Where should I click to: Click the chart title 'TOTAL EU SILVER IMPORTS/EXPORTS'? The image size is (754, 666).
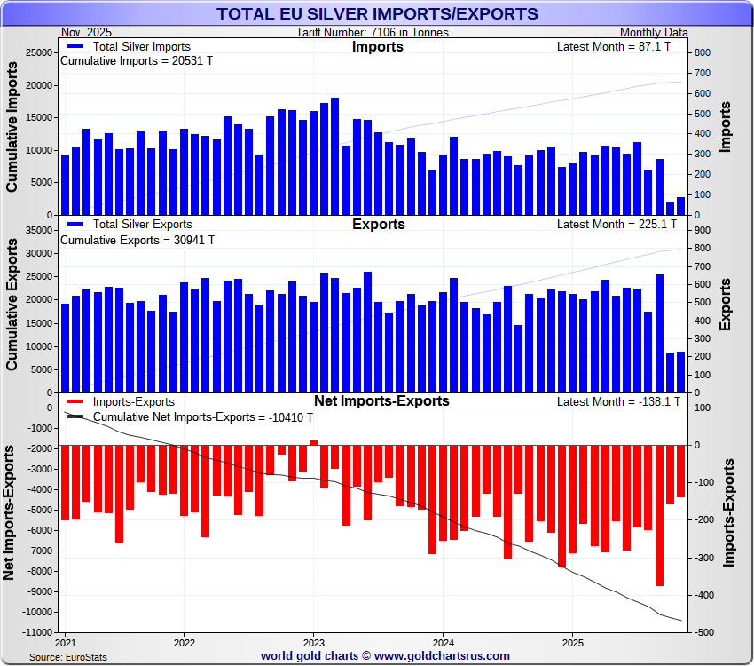point(377,13)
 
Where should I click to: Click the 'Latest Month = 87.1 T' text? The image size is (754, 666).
point(618,47)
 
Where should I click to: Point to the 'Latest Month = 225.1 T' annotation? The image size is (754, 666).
point(618,225)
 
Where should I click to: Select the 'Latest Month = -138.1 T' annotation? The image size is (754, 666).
point(618,402)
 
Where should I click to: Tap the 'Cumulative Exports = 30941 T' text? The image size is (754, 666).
point(137,240)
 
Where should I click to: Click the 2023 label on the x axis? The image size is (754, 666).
point(314,642)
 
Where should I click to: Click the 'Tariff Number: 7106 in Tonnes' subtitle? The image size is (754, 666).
point(373,33)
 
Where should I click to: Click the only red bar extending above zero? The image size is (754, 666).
point(313,442)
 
